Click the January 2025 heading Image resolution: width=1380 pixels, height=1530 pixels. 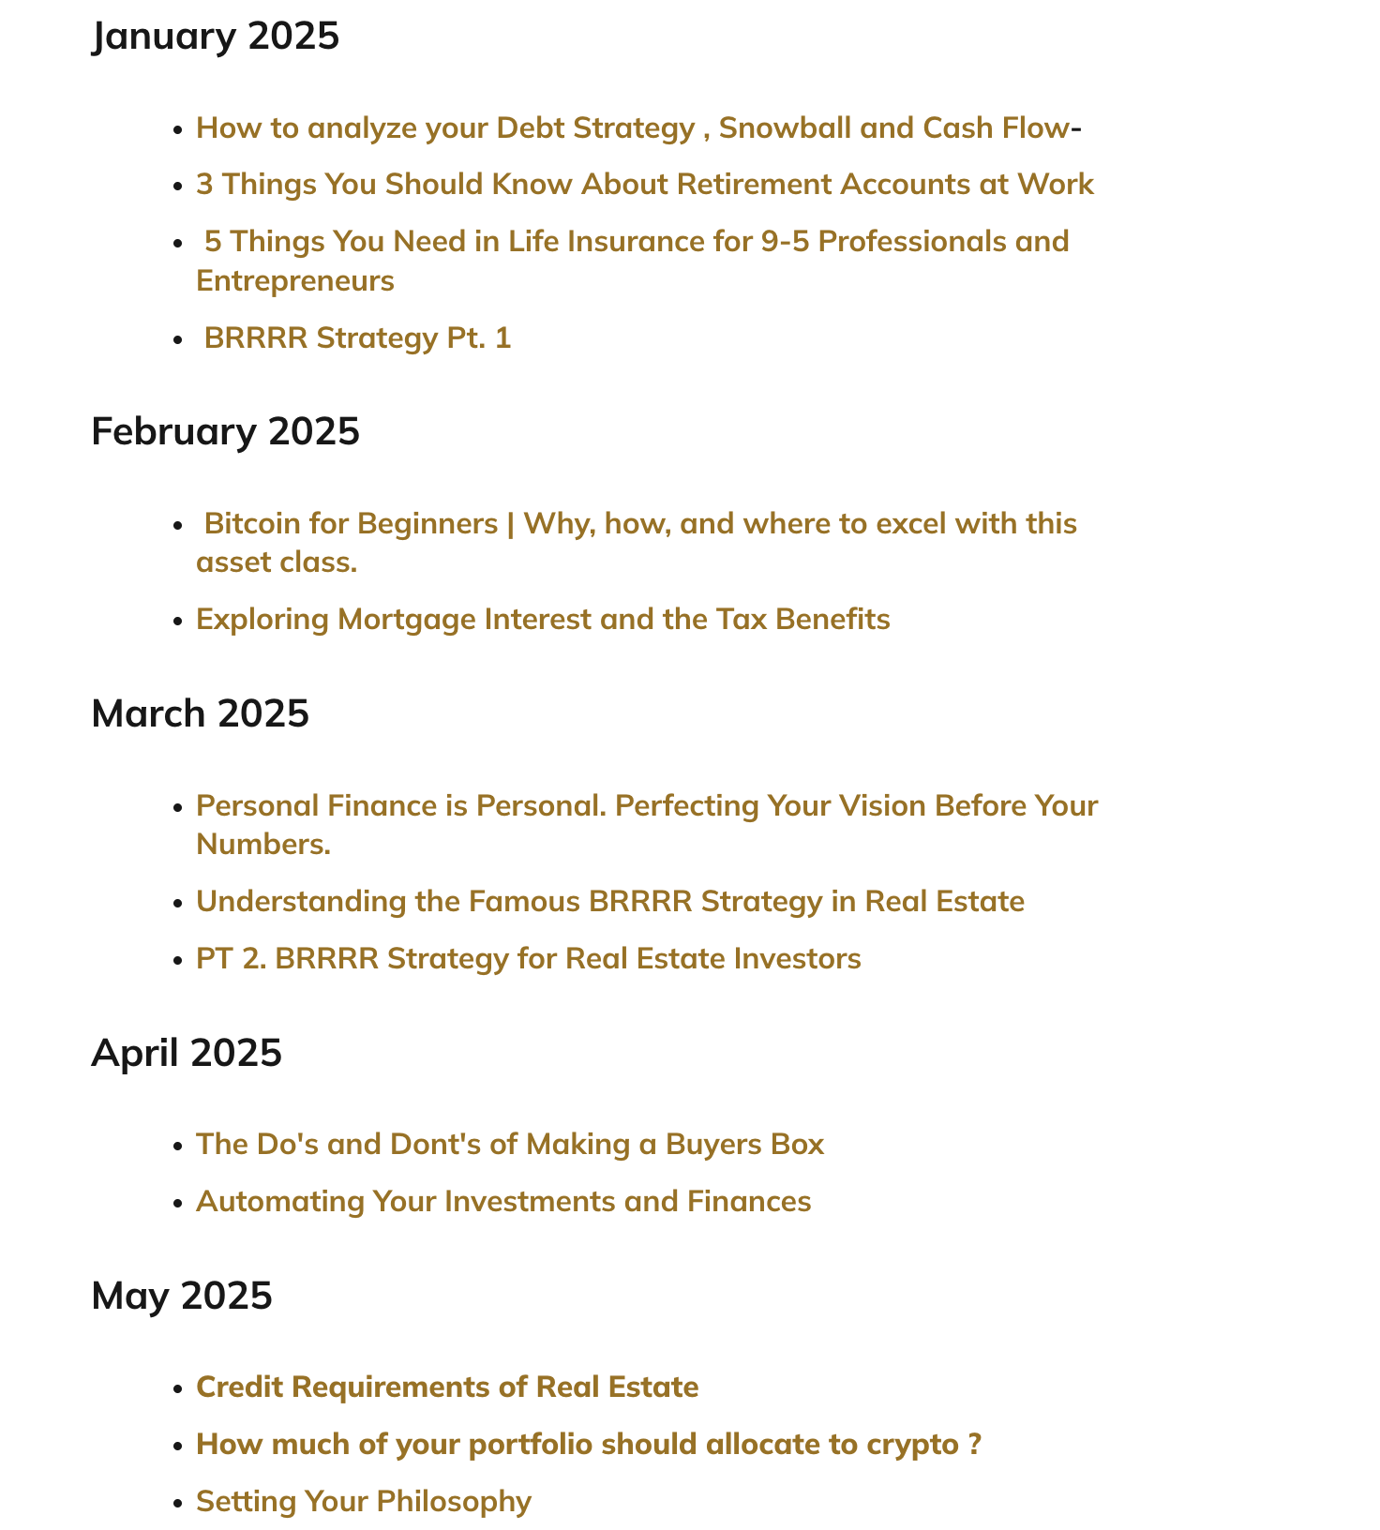216,37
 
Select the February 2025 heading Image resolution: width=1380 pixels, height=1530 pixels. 225,432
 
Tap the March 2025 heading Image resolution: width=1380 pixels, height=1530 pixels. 200,714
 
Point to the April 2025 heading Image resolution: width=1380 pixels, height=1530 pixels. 187,1054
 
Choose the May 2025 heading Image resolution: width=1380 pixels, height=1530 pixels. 182,1297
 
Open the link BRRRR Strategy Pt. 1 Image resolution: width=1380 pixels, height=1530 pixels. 357,338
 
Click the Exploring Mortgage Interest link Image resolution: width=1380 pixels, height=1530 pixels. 543,620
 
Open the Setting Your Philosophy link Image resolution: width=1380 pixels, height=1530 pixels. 364,1502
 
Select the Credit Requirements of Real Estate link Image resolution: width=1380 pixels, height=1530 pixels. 447,1387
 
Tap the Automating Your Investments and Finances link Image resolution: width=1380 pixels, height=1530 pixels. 503,1202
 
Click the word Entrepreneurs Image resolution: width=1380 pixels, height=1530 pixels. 295,281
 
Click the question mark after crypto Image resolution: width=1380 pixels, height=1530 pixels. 975,1445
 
